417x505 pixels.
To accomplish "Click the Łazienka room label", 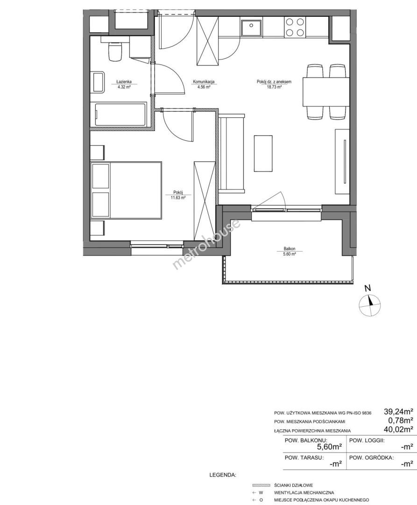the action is click(x=124, y=82).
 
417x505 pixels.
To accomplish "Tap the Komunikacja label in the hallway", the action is click(x=204, y=82).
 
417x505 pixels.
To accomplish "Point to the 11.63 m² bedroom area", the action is click(x=178, y=198).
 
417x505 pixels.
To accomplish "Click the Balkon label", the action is click(x=290, y=249).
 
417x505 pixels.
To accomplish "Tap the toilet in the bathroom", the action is click(x=115, y=51).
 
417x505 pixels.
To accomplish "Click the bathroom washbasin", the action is click(x=99, y=82).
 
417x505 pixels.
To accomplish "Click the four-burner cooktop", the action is click(x=295, y=27).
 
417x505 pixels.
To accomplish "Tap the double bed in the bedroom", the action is click(x=126, y=191).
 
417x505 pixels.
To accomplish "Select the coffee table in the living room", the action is click(x=263, y=153).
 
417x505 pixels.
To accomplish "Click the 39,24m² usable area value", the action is click(x=398, y=411).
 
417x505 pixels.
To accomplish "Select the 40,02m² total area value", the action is click(x=398, y=429).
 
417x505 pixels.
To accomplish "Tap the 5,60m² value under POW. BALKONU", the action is click(x=329, y=447).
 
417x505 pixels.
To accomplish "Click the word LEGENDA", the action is click(x=222, y=475).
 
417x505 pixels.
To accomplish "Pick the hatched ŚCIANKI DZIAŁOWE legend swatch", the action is click(x=261, y=485).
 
